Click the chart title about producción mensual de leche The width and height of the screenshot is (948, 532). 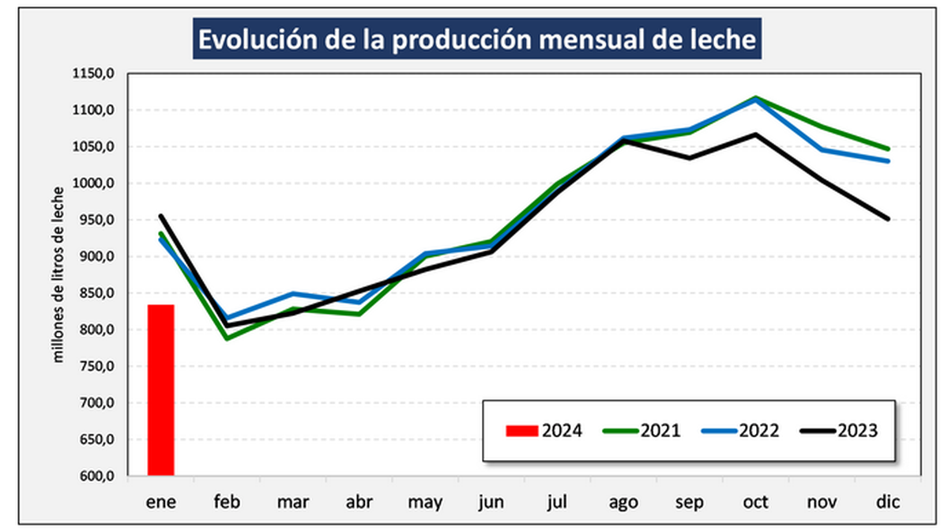pyautogui.click(x=476, y=40)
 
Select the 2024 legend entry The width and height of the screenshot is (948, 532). pyautogui.click(x=544, y=431)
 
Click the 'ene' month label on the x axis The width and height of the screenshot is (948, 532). pyautogui.click(x=160, y=502)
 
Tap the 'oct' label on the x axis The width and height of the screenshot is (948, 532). pyautogui.click(x=756, y=502)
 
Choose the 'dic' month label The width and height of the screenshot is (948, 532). pyautogui.click(x=889, y=502)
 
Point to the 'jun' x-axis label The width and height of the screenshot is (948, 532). pyautogui.click(x=491, y=502)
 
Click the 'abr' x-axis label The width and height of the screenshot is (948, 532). pyautogui.click(x=359, y=502)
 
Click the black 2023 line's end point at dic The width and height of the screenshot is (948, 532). pyautogui.click(x=889, y=219)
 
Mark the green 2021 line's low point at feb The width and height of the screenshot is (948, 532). pyautogui.click(x=228, y=338)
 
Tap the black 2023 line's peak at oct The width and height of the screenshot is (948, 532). pyautogui.click(x=756, y=134)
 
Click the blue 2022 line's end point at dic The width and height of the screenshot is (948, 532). pyautogui.click(x=889, y=161)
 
